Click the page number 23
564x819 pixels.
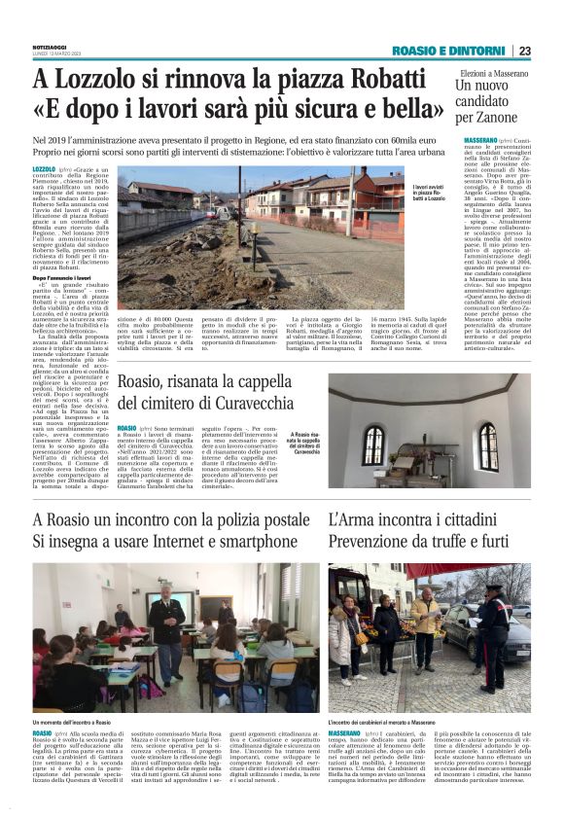pos(524,51)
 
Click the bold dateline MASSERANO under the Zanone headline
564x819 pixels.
pos(472,142)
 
